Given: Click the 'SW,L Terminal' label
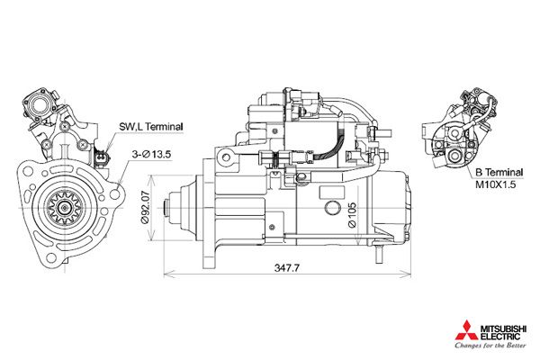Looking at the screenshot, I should (x=150, y=128).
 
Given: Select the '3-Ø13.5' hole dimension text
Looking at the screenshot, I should (x=150, y=154).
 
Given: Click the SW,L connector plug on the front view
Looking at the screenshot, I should (x=101, y=159).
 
